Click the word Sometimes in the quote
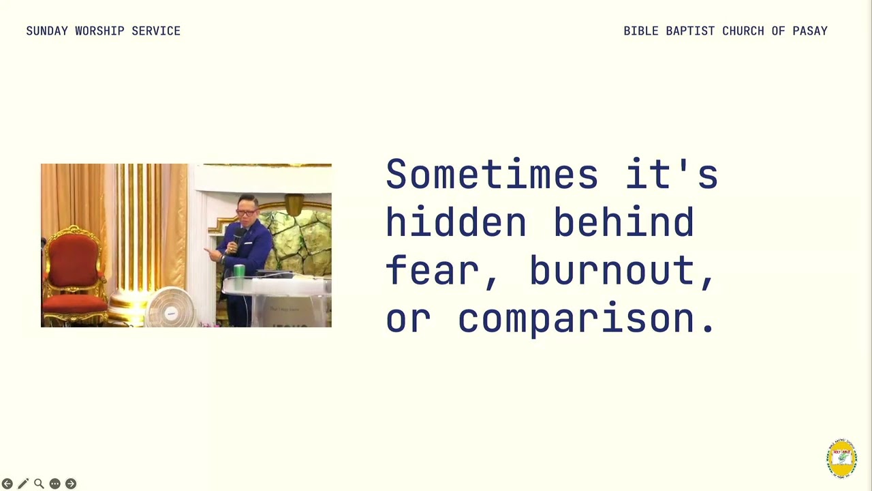(x=492, y=174)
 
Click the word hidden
(x=456, y=222)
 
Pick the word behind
(x=624, y=222)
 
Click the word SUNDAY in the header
(x=47, y=31)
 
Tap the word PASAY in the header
(x=810, y=31)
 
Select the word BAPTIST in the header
(x=690, y=31)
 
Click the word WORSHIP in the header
(x=99, y=31)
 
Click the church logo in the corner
(x=841, y=458)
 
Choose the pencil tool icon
(x=23, y=483)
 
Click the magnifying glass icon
(x=39, y=483)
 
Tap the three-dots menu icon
(x=55, y=483)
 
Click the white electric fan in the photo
(x=170, y=308)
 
